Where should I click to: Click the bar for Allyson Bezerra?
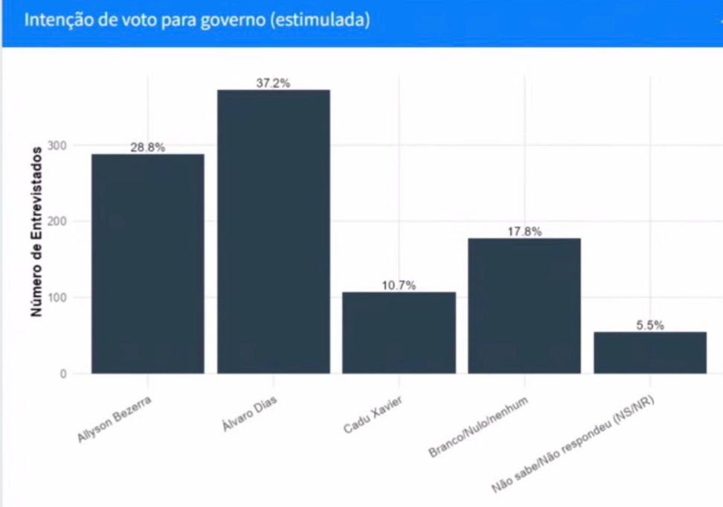[x=147, y=264]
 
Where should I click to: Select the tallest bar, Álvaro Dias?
[x=273, y=232]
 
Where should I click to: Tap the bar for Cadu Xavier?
[x=399, y=332]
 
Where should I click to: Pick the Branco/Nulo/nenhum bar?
[x=524, y=305]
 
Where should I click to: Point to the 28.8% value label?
[x=147, y=147]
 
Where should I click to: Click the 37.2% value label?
[x=273, y=83]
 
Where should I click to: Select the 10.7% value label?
[x=399, y=286]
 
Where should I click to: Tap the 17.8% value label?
[x=524, y=232]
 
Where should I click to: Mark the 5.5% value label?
[x=649, y=325]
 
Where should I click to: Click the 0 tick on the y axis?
[x=63, y=374]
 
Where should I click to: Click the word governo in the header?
[x=231, y=20]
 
